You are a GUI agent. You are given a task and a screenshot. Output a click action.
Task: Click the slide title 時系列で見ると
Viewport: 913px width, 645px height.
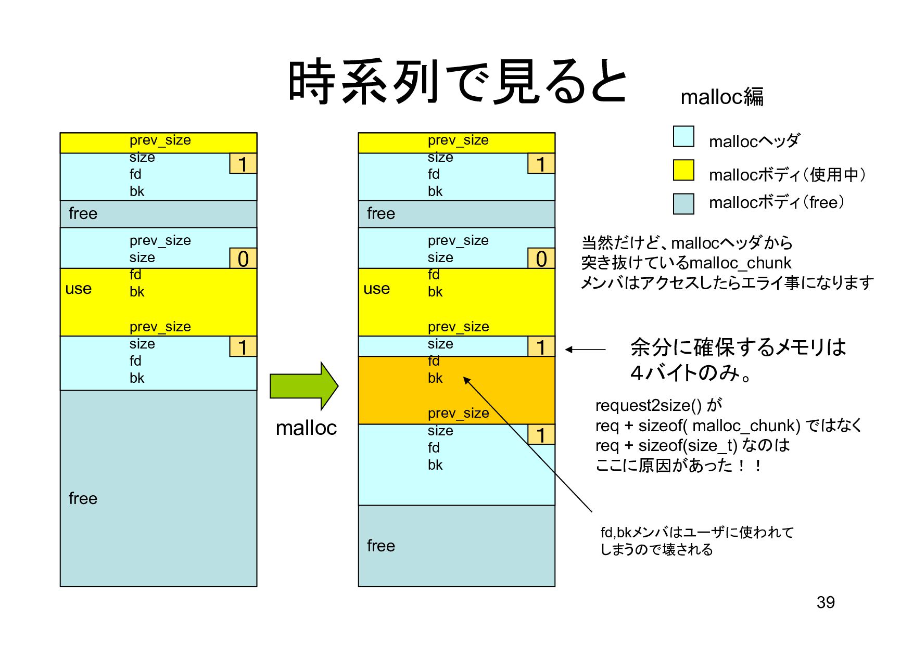pos(457,82)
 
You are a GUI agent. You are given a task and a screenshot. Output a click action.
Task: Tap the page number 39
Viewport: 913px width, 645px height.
pos(826,602)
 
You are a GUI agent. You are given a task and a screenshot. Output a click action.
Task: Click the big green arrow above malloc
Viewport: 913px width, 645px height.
pos(303,386)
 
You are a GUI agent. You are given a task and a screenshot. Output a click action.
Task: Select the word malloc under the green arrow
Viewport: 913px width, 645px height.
pos(306,428)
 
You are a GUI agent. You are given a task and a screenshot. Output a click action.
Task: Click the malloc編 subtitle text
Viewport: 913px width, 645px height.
pos(721,97)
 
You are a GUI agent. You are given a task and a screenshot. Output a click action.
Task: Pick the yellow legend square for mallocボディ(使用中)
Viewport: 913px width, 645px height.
pos(683,170)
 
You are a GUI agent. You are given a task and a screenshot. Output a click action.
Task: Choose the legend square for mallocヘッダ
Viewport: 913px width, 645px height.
pos(683,136)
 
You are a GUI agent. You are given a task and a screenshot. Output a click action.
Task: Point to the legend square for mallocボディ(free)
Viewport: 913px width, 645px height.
pos(683,203)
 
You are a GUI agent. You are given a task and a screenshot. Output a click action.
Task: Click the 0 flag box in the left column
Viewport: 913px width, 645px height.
pos(243,259)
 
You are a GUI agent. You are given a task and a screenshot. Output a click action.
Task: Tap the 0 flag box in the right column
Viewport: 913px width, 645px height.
pos(541,259)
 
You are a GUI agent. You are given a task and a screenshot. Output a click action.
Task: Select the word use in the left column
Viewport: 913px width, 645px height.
pos(79,289)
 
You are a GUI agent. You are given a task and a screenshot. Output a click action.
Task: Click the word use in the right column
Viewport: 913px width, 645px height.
pos(377,289)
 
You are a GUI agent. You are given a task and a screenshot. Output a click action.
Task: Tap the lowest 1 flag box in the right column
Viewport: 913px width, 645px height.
pos(541,435)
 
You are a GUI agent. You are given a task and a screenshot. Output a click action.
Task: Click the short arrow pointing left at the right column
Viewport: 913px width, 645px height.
pos(585,350)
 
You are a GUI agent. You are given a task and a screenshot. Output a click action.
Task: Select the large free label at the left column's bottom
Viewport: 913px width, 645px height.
pos(83,498)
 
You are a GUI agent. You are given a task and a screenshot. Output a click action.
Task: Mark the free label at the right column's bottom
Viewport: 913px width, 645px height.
pos(381,546)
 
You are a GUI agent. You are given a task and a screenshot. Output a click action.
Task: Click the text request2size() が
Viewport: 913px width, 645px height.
pos(658,405)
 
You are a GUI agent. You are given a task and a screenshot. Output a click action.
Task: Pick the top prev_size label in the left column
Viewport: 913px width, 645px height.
pos(160,140)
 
